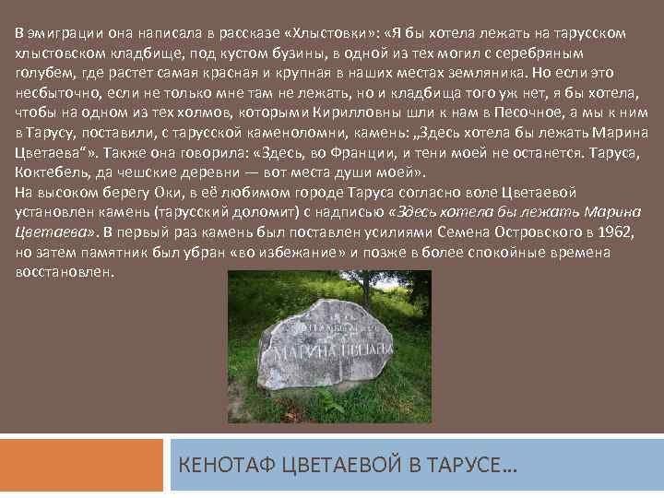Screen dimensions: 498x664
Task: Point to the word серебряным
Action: [x=563, y=53]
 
